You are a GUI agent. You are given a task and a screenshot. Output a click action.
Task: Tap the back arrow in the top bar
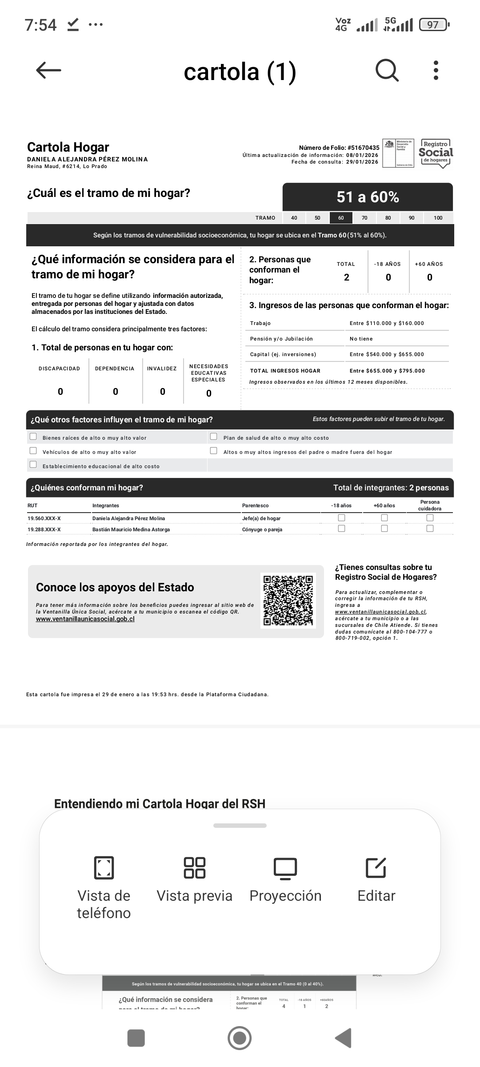[48, 70]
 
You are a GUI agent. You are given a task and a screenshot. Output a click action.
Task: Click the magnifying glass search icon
[387, 70]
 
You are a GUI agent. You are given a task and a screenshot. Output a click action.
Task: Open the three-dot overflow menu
[436, 70]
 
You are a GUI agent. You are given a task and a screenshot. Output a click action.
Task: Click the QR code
[288, 600]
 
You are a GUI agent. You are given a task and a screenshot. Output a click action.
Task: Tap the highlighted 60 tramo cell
[341, 218]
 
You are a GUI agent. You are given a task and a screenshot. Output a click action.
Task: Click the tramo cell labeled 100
[438, 218]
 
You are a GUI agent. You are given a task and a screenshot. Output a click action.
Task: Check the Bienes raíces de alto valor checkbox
[33, 436]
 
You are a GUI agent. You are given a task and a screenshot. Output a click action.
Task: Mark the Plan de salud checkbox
[214, 436]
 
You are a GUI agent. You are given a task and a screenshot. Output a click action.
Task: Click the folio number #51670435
[363, 148]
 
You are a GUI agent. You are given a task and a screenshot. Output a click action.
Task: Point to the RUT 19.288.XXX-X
[44, 529]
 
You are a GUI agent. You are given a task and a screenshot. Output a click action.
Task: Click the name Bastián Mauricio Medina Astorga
[131, 529]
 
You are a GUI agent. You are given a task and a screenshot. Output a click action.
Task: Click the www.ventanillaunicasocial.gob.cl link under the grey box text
[85, 619]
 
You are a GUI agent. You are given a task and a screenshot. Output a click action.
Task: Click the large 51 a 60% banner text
[368, 197]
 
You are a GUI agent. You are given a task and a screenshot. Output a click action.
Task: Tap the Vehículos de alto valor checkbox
[33, 450]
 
